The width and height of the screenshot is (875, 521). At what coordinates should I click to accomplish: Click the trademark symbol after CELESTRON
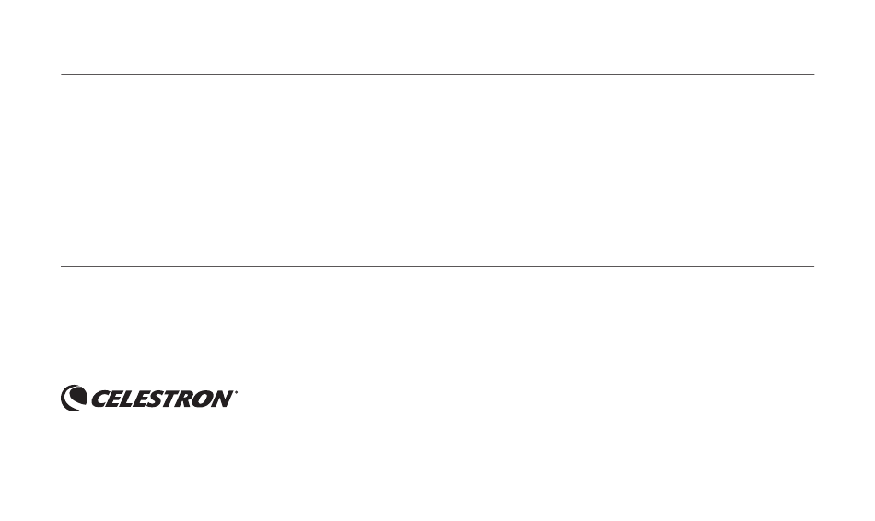coord(236,392)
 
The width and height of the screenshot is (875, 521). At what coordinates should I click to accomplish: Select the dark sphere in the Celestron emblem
coord(78,396)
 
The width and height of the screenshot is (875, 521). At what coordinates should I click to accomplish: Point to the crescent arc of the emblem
coord(64,399)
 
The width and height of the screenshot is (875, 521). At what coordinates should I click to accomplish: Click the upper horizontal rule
coord(437,74)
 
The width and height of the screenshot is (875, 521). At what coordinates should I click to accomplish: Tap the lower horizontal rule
coord(437,266)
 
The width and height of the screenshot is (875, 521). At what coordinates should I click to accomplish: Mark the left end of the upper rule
coord(61,74)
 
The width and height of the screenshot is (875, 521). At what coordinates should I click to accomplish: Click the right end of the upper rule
coord(814,74)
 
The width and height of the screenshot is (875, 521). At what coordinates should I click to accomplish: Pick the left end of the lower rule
coord(61,266)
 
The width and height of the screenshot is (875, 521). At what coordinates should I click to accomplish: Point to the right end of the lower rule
coord(814,266)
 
